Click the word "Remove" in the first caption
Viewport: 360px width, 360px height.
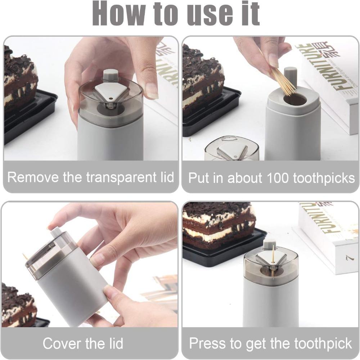(32, 177)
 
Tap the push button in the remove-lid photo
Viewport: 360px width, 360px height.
(111, 75)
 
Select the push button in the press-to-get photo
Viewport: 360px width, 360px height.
(269, 244)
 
